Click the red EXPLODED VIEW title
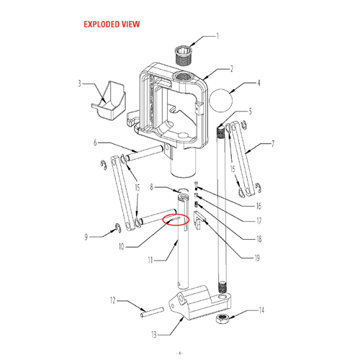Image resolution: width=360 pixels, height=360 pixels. (112, 24)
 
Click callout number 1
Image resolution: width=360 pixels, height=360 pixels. (217, 36)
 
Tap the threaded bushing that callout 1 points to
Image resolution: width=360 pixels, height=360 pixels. (183, 56)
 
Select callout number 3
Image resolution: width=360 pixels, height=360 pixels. (79, 84)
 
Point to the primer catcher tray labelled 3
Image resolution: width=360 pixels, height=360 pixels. (109, 101)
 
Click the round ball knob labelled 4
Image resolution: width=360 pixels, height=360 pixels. (221, 100)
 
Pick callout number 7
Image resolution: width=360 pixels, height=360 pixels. (273, 144)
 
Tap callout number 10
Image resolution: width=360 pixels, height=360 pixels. (122, 246)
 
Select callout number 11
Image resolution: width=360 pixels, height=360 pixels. (150, 260)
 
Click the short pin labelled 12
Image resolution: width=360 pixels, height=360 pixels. (152, 312)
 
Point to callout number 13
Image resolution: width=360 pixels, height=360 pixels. (154, 334)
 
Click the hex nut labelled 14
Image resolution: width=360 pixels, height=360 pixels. (222, 319)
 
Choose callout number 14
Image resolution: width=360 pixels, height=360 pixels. (261, 310)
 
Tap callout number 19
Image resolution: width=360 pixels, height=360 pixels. (257, 258)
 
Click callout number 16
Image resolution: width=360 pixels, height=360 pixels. (258, 206)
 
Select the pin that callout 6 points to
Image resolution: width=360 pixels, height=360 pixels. (146, 153)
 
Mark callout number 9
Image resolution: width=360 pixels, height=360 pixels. (86, 237)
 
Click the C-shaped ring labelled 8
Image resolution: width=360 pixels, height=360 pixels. (183, 189)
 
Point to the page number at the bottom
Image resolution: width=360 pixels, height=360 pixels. (180, 354)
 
